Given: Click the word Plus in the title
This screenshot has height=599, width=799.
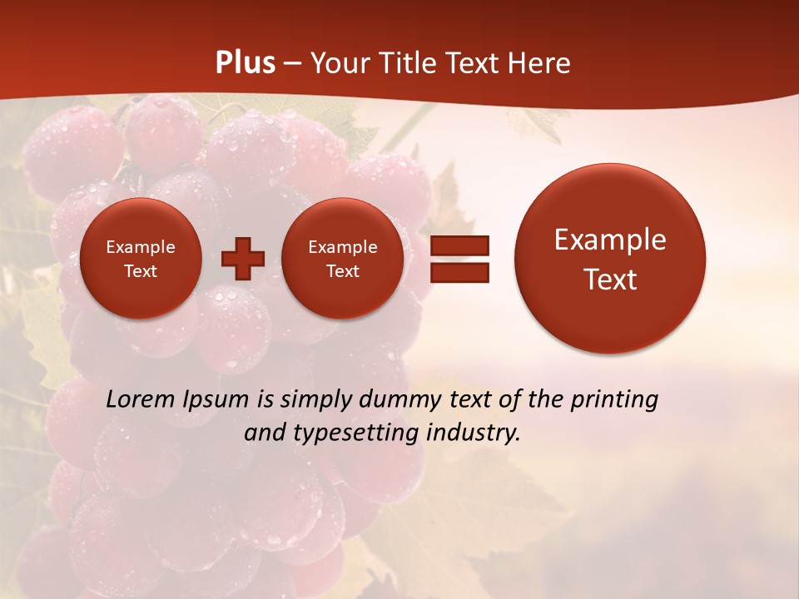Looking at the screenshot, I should (246, 63).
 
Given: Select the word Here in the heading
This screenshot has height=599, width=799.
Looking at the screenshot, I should (538, 63).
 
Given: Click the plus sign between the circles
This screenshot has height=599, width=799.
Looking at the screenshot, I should (243, 259).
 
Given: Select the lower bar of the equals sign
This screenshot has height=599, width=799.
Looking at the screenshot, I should (459, 273).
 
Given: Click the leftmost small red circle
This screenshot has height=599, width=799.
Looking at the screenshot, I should (141, 259).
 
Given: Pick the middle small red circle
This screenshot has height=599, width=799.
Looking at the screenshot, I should (342, 259).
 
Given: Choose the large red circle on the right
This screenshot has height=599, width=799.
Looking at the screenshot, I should (610, 259).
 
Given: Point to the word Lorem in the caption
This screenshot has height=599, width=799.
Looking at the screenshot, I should (139, 400).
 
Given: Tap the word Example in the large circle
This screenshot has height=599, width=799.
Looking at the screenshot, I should (610, 240).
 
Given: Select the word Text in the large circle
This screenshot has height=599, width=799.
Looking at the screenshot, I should (610, 280).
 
